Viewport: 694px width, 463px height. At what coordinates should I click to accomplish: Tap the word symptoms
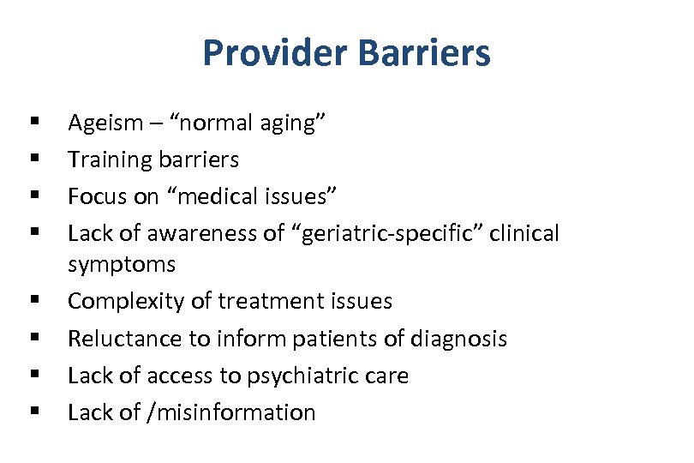coord(121,265)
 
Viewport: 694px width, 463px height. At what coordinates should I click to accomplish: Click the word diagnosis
coord(458,339)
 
